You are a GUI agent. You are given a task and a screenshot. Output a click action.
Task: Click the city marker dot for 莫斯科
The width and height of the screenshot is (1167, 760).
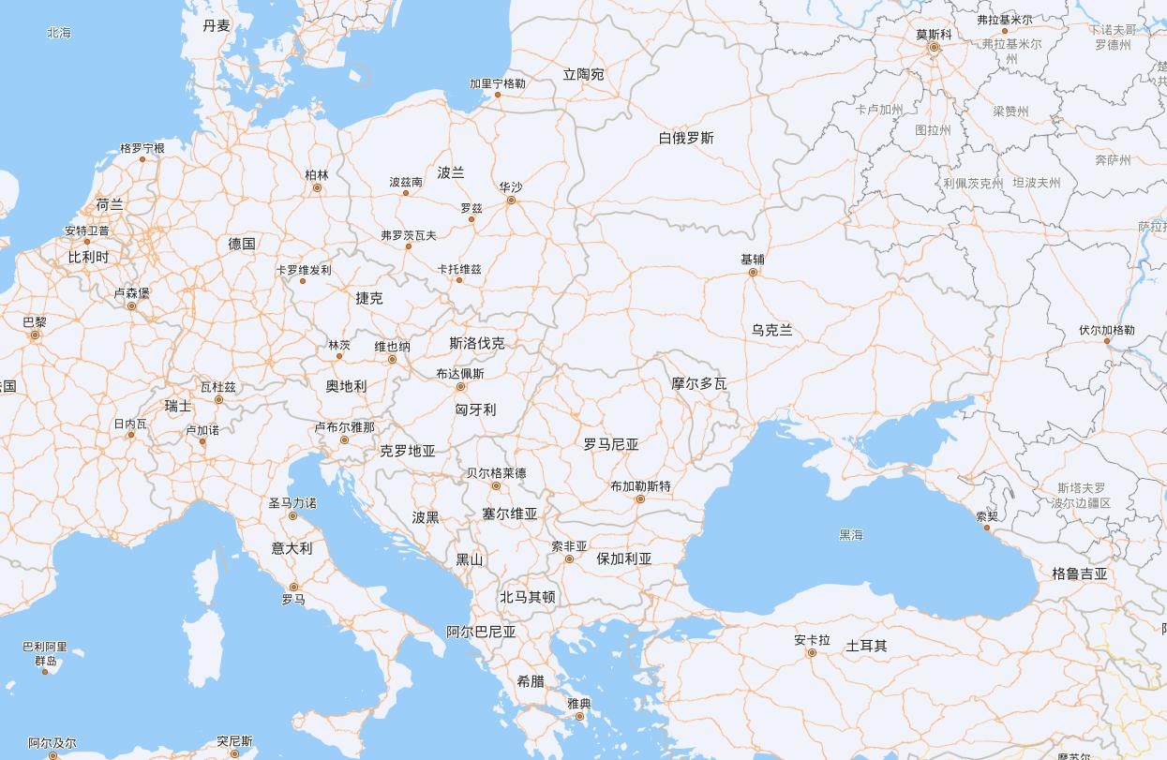pos(934,47)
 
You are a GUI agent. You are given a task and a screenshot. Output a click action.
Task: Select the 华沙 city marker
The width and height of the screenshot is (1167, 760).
pos(511,200)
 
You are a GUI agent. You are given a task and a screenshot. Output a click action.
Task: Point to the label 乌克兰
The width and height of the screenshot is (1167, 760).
pos(772,330)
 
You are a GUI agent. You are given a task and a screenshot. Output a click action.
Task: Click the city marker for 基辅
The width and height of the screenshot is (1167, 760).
pos(753,272)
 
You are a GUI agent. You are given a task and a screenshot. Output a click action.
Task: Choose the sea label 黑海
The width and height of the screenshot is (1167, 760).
pos(851,535)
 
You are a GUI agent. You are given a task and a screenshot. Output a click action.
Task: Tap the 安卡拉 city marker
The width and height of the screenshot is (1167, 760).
pos(812,653)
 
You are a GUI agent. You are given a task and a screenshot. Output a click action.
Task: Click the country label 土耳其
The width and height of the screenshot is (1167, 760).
pos(866,646)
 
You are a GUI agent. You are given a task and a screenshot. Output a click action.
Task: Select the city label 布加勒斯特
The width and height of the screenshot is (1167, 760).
pos(640,486)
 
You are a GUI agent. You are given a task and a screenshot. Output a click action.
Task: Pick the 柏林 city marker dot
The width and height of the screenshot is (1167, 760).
pos(317,187)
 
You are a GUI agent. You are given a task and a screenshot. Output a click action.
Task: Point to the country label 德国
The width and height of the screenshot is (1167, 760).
pos(242,244)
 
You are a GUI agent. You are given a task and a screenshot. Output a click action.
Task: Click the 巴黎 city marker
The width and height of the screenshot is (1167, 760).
pos(36,335)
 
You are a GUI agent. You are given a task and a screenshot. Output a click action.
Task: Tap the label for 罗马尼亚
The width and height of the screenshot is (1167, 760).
pos(611,444)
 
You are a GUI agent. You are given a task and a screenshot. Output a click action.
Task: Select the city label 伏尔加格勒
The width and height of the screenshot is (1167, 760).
pos(1106,330)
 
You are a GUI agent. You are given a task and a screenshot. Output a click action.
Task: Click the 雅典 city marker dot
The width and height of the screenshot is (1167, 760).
pos(579,716)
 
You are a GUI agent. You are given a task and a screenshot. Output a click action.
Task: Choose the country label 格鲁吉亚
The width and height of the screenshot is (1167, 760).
pos(1080,574)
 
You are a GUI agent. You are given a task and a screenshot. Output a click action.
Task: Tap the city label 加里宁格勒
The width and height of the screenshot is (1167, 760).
pos(498,83)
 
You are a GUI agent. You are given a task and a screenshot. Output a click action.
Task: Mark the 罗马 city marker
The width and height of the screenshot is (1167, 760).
pos(293,587)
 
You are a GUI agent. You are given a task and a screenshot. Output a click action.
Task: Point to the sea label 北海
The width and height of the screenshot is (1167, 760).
pos(59,33)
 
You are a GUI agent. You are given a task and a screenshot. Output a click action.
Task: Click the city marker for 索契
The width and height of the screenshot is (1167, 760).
pos(986,527)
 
